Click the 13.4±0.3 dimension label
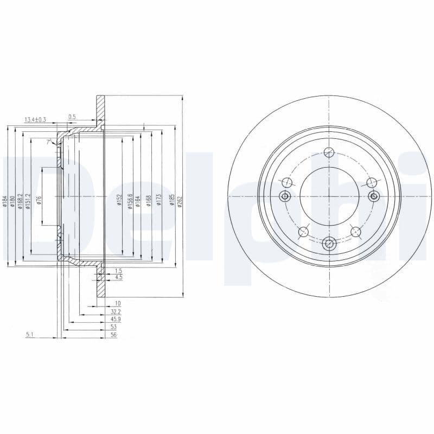tap(35, 119)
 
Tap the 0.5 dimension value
tap(72, 117)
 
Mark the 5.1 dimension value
tap(29, 335)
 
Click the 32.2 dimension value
tap(114, 312)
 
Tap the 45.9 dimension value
tap(114, 320)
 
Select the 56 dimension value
tap(114, 335)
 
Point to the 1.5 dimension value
tap(118, 270)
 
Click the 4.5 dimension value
tap(118, 277)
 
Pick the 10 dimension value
tap(117, 303)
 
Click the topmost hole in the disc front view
tap(329, 152)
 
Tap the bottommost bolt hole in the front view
tap(329, 244)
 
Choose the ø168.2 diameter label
tap(20, 201)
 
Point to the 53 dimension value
tap(114, 327)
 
